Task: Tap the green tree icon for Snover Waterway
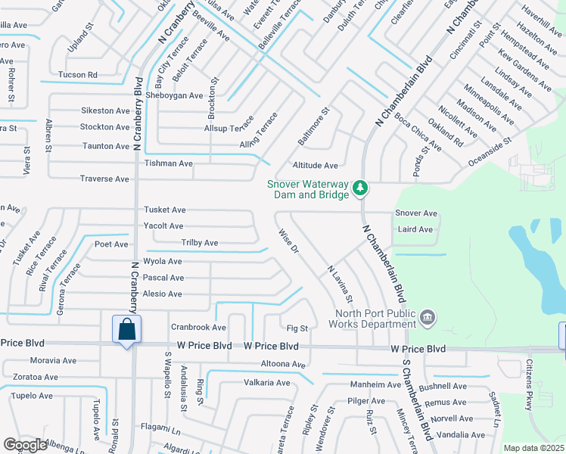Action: [361, 187]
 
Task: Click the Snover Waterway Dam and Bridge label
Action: [307, 189]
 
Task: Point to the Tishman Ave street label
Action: [168, 163]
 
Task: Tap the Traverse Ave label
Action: [104, 179]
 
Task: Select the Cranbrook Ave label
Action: [198, 328]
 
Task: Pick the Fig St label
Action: [297, 328]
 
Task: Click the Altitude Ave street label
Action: [315, 165]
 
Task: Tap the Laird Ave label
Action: [415, 229]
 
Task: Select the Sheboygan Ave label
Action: [175, 95]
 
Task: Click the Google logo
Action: [25, 445]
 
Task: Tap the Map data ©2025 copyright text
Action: [533, 448]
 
